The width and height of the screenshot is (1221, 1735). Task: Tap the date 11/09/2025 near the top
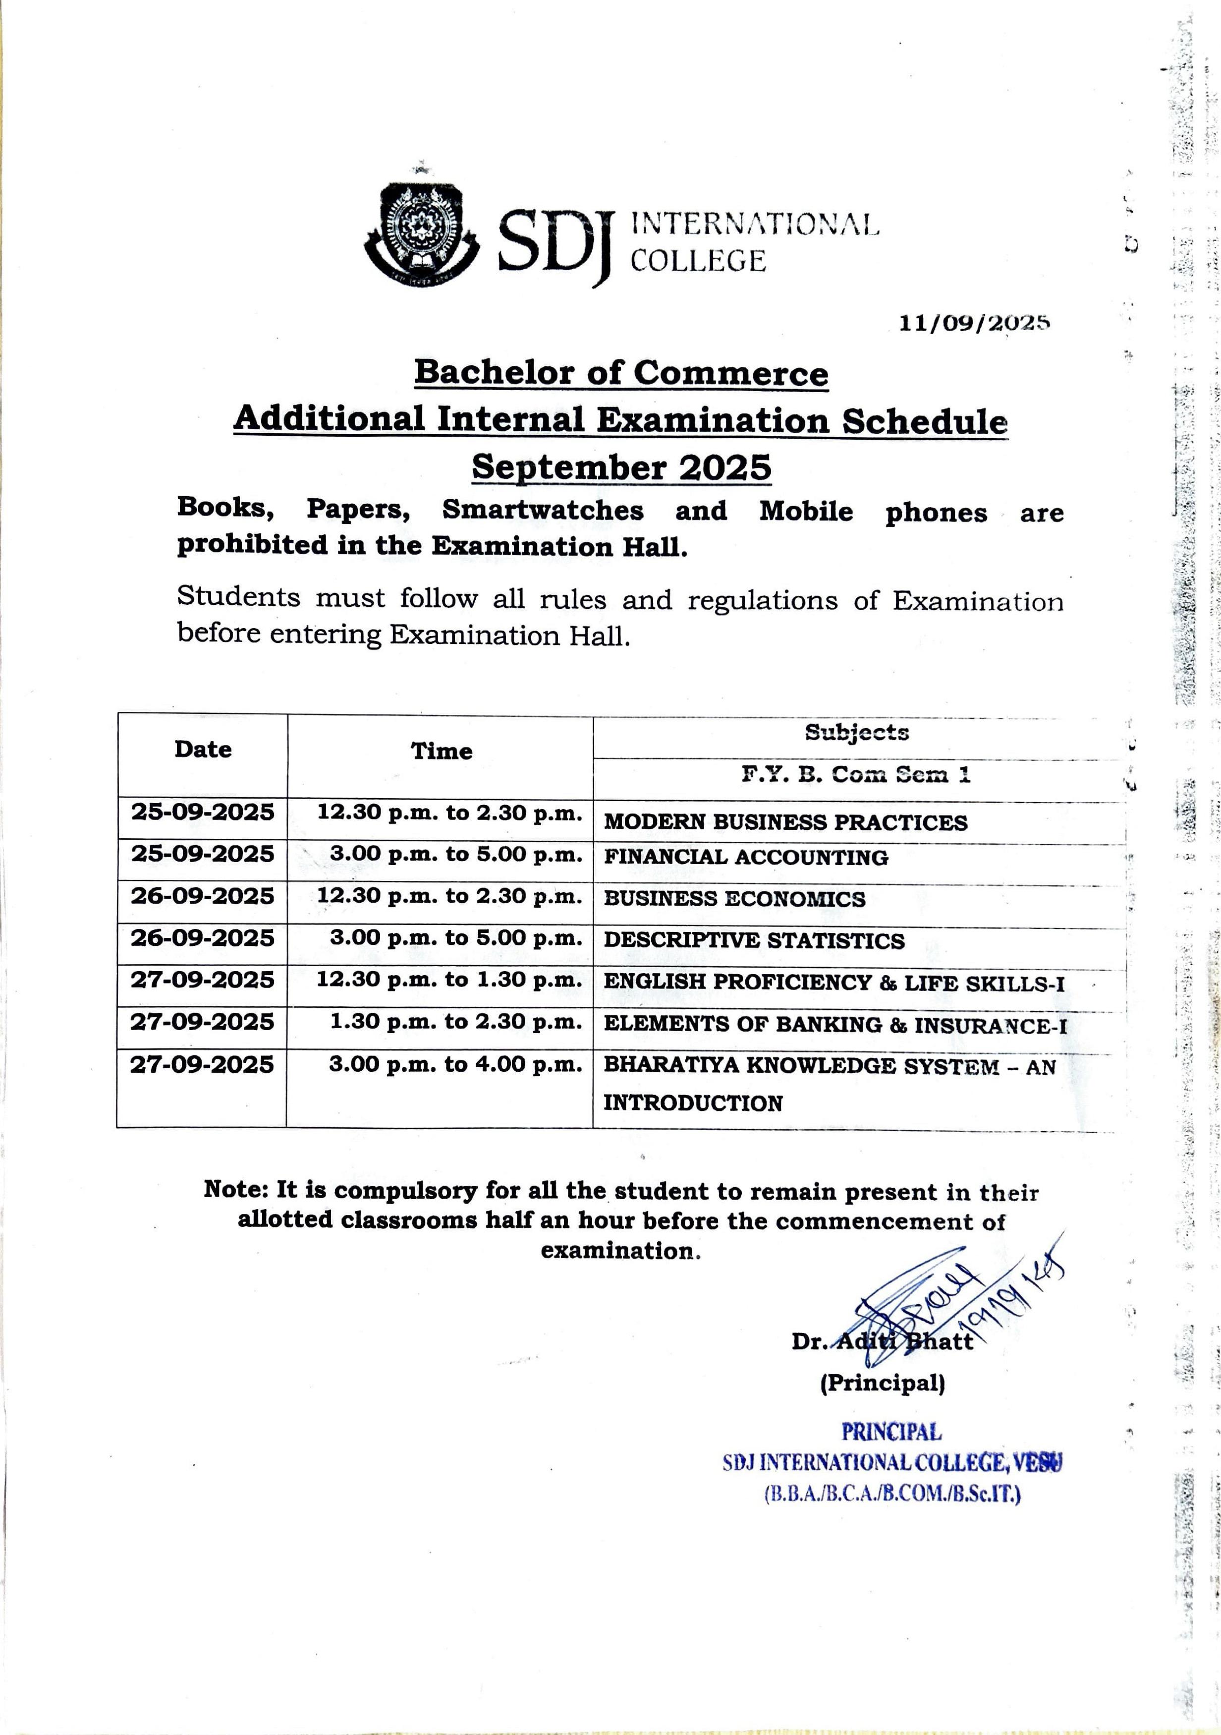(974, 323)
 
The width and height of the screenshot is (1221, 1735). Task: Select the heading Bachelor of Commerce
(621, 373)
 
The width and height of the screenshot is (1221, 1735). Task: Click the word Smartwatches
(543, 510)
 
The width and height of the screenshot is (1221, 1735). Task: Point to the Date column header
(203, 750)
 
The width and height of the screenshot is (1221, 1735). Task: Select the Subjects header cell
(856, 732)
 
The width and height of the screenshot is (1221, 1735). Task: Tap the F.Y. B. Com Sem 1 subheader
(855, 774)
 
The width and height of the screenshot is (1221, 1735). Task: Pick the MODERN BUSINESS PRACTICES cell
(785, 822)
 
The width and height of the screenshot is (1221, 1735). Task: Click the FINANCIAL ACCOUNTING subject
(746, 857)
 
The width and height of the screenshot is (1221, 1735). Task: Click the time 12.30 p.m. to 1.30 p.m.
(449, 980)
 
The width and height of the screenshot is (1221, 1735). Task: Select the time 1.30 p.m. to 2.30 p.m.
(455, 1022)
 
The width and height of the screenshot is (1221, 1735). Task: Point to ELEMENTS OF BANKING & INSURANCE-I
(835, 1026)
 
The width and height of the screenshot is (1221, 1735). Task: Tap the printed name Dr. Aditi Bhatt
(882, 1341)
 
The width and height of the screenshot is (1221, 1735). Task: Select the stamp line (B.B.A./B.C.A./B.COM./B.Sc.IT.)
(892, 1494)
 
